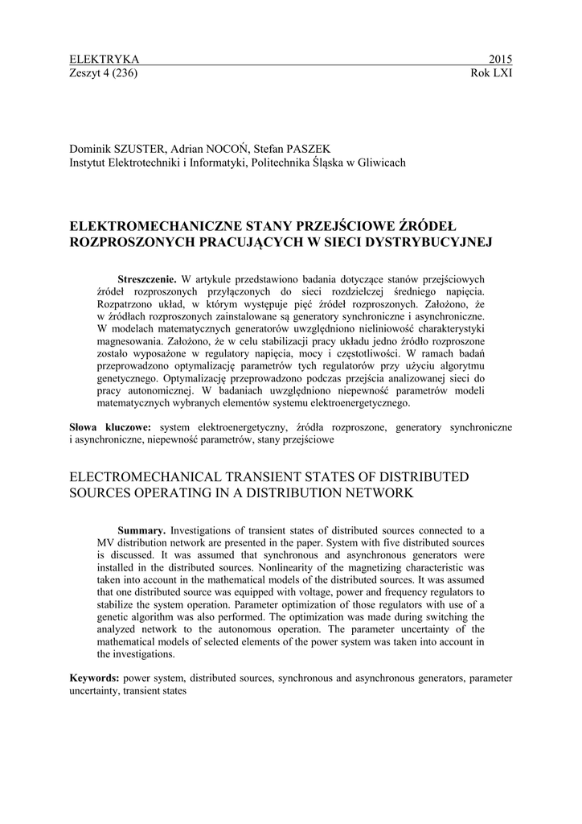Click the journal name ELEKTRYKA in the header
[105, 60]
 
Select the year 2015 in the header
[500, 60]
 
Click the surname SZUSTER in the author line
[142, 150]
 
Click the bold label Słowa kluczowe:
[112, 427]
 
